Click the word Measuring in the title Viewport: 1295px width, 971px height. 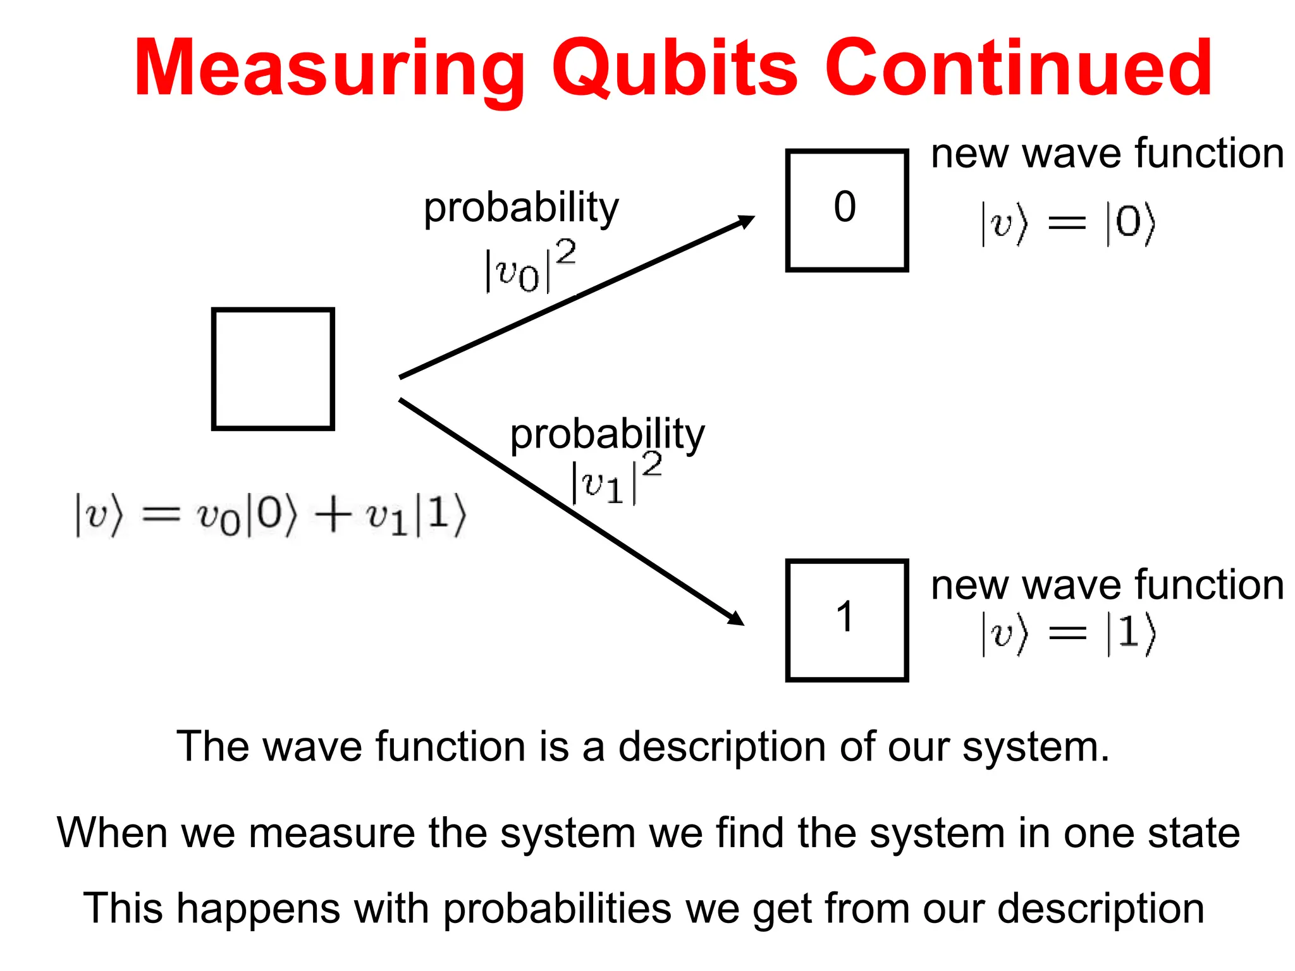(329, 68)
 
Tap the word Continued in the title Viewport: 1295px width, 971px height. (1018, 68)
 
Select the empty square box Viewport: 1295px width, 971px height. (273, 369)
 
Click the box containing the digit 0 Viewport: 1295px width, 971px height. (846, 211)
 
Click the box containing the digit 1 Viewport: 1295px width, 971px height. (846, 620)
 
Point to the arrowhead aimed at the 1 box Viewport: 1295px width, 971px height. (737, 618)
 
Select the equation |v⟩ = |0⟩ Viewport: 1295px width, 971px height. (1067, 223)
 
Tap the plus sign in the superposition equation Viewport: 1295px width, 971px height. (333, 515)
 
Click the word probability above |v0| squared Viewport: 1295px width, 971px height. (521, 209)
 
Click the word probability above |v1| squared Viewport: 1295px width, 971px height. (607, 435)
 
